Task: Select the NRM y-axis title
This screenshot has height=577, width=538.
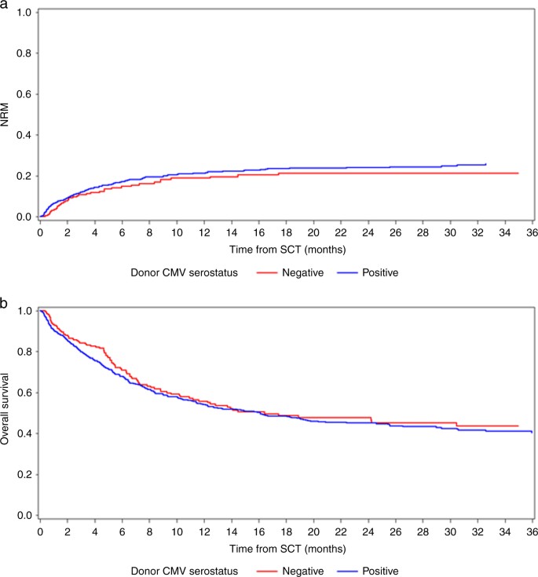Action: (x=7, y=115)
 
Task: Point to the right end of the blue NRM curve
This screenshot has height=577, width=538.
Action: (x=485, y=164)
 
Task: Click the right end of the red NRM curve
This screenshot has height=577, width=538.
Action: (x=518, y=173)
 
